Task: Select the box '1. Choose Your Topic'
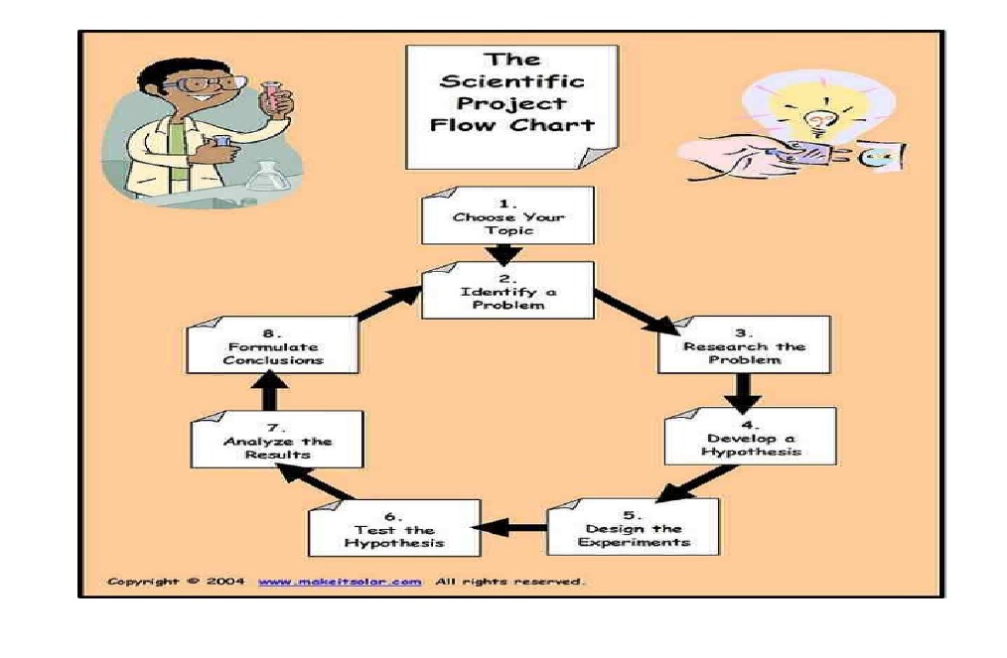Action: pyautogui.click(x=507, y=215)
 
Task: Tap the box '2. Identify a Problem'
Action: pyautogui.click(x=507, y=290)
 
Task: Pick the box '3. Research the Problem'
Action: pyautogui.click(x=744, y=344)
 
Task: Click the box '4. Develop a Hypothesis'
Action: pyautogui.click(x=751, y=436)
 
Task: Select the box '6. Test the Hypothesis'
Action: pyautogui.click(x=394, y=528)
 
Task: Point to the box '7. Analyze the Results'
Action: pyautogui.click(x=277, y=440)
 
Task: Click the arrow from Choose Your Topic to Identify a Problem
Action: pyautogui.click(x=507, y=254)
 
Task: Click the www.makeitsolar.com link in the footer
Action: pyautogui.click(x=339, y=582)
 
